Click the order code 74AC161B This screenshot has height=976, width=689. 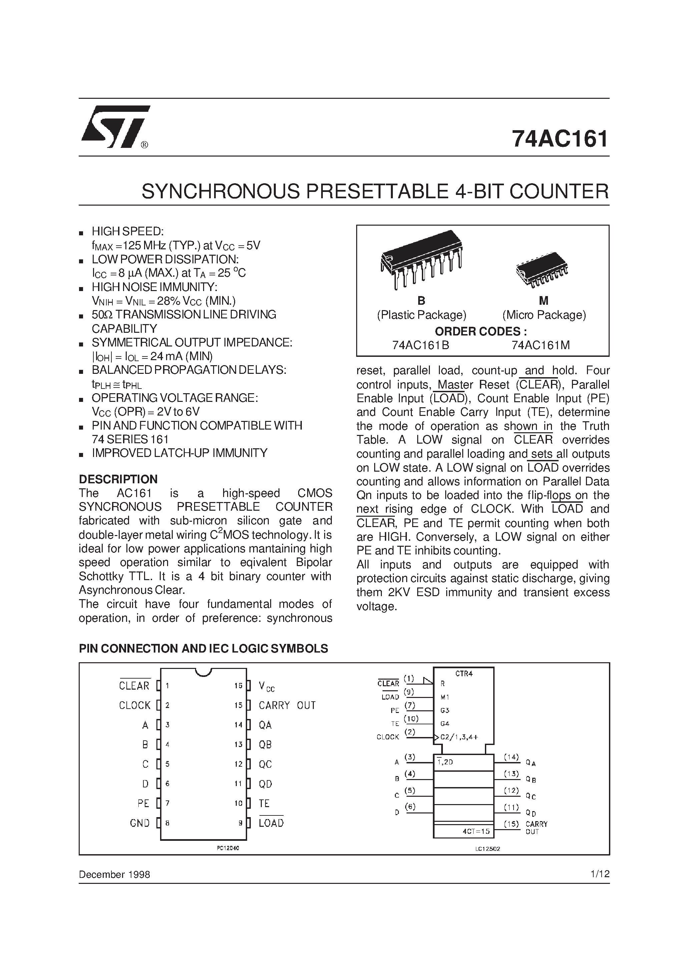tap(421, 345)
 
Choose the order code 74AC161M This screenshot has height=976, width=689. tap(541, 345)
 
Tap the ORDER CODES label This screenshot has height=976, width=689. tap(481, 331)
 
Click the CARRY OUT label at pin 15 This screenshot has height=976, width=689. tap(287, 706)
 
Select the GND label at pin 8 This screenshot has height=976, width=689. tap(140, 823)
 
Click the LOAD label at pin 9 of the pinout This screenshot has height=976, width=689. tap(271, 823)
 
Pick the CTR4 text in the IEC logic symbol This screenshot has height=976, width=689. tap(464, 674)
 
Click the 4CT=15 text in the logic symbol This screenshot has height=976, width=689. tap(476, 831)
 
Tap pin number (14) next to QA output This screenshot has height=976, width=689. tap(511, 757)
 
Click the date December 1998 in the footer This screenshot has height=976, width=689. tap(114, 875)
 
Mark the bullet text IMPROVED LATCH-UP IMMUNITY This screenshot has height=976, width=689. tap(180, 453)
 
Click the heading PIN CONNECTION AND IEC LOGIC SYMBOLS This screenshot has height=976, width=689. tap(203, 648)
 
